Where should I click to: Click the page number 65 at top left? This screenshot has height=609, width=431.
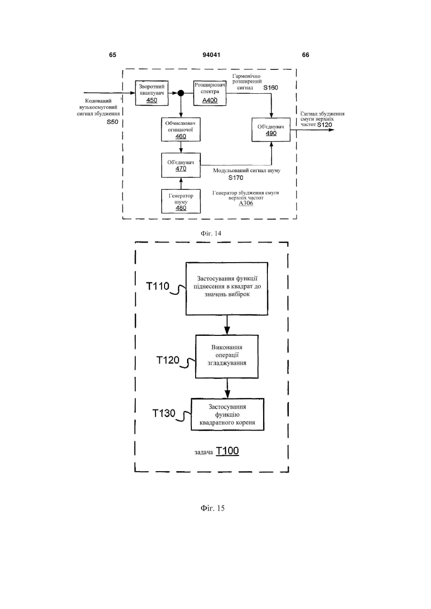(x=112, y=55)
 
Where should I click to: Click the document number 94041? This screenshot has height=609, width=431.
(x=211, y=55)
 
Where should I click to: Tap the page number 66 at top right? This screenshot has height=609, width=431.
(x=306, y=55)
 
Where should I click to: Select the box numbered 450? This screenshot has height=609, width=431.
(x=152, y=93)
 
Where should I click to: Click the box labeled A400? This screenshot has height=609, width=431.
(x=210, y=93)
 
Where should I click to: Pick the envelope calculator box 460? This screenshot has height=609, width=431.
(x=181, y=130)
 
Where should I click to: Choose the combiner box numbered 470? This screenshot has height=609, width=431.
(x=181, y=166)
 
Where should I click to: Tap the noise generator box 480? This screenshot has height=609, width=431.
(x=181, y=201)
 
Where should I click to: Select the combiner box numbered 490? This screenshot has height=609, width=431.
(x=271, y=130)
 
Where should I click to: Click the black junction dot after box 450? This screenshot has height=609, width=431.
(x=181, y=93)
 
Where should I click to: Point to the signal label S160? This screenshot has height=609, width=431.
(x=271, y=88)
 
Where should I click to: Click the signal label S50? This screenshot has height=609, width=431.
(x=112, y=122)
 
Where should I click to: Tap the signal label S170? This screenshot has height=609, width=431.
(x=236, y=178)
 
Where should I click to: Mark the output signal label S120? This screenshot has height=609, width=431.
(x=324, y=125)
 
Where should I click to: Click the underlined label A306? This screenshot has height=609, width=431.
(x=246, y=203)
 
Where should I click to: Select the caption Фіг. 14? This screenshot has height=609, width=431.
(x=211, y=233)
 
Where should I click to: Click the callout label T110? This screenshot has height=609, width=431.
(x=158, y=286)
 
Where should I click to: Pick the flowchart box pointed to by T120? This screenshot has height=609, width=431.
(x=227, y=356)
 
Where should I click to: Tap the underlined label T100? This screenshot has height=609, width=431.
(x=227, y=451)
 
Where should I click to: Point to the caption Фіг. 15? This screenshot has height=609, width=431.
(x=212, y=508)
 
